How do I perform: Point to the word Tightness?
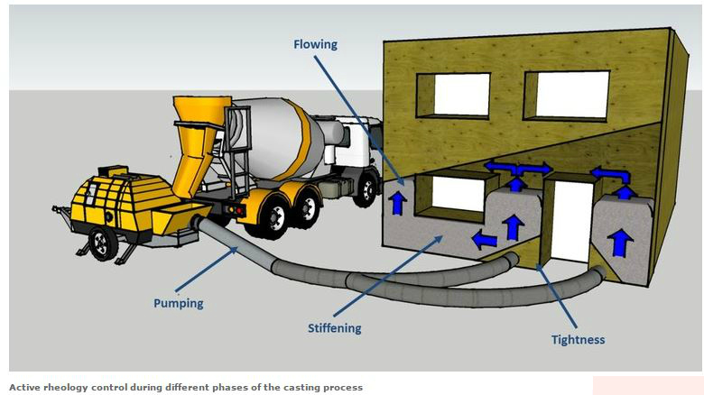click(578, 339)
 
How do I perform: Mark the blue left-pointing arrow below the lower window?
click(485, 239)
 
